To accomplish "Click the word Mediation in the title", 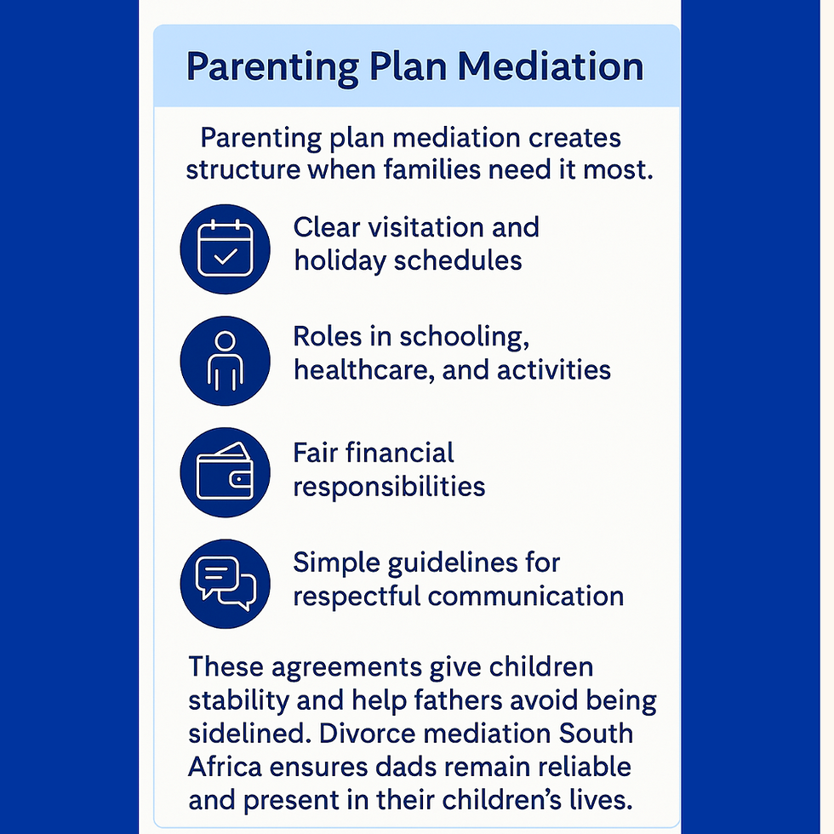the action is pyautogui.click(x=551, y=66).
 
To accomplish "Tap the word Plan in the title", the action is pyautogui.click(x=408, y=66).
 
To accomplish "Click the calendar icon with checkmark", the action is pyautogui.click(x=225, y=248).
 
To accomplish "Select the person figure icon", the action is pyautogui.click(x=225, y=361).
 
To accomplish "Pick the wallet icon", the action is pyautogui.click(x=225, y=472).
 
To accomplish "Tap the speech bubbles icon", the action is pyautogui.click(x=225, y=584).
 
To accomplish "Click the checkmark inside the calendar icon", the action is pyautogui.click(x=226, y=256).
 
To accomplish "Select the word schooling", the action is pyautogui.click(x=464, y=337).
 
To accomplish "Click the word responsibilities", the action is pyautogui.click(x=390, y=487).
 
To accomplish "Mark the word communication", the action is pyautogui.click(x=526, y=597).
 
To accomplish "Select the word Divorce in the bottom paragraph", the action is pyautogui.click(x=367, y=734).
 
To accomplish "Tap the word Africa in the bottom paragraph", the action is pyautogui.click(x=225, y=767).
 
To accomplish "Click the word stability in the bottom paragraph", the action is pyautogui.click(x=238, y=700).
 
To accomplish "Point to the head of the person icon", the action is pyautogui.click(x=225, y=341).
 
